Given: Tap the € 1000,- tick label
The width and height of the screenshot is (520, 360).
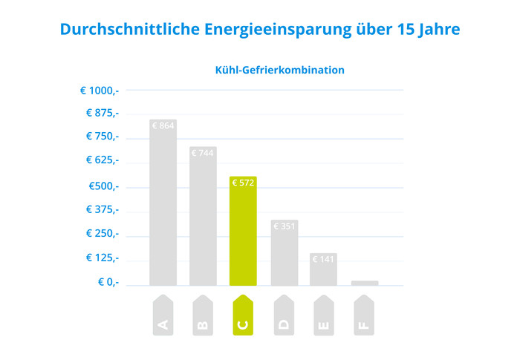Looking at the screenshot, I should pos(100,91).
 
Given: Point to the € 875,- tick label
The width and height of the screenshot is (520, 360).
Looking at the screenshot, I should pos(101,113).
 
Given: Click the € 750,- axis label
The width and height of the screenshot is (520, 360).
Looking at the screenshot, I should pos(101,137).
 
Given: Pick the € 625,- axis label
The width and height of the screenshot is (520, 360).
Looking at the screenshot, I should pos(101,160).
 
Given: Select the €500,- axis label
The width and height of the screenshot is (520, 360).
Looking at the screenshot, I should pos(103,186).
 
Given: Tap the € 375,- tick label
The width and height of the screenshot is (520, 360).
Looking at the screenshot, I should pos(101,209).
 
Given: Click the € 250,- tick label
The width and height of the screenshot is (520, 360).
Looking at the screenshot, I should pos(101,233).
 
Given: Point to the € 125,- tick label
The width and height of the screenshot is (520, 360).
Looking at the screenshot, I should pos(101,258).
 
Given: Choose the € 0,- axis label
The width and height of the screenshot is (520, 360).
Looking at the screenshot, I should pos(108,282).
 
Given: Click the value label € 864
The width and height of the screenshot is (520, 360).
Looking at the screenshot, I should pos(163,126).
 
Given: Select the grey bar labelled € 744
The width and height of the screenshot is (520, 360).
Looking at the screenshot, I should pos(203,215).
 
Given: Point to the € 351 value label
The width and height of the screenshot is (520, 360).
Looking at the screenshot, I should pos(285,226).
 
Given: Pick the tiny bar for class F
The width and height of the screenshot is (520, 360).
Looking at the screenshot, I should pos(365,283).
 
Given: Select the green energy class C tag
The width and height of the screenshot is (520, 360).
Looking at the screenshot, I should pos(243,315).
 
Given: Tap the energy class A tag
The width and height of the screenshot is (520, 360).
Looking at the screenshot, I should pos(163,315).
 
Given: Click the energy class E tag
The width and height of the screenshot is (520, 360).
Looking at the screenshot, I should pos(323,315).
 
